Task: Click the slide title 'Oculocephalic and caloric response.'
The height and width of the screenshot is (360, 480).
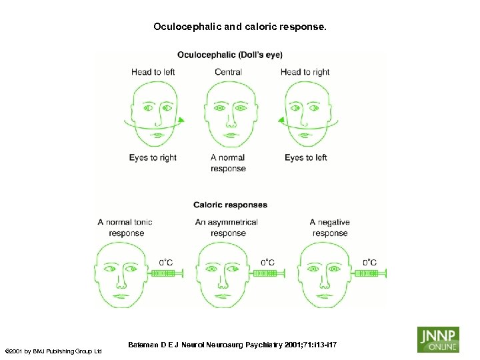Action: [240, 27]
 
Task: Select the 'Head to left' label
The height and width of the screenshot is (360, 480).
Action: [154, 72]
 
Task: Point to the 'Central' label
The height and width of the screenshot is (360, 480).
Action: [228, 72]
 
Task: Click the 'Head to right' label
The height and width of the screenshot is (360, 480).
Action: [305, 72]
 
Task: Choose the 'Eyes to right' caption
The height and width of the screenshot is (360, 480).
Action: [153, 158]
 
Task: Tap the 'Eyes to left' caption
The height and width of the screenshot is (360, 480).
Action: [306, 158]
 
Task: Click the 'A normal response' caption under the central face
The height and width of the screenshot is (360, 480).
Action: [228, 163]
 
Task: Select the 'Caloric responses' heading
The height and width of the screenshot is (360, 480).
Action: [230, 205]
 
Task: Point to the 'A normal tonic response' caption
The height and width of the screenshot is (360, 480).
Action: [125, 227]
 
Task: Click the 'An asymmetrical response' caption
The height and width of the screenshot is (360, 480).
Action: [227, 227]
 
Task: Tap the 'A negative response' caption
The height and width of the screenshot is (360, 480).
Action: [330, 227]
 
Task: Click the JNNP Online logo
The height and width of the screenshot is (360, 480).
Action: [438, 339]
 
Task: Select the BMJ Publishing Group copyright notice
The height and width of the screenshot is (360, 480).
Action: [53, 351]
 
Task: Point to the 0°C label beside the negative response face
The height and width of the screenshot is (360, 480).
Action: [369, 263]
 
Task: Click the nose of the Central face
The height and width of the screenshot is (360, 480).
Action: [230, 121]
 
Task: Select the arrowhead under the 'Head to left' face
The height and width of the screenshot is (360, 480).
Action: [181, 120]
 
